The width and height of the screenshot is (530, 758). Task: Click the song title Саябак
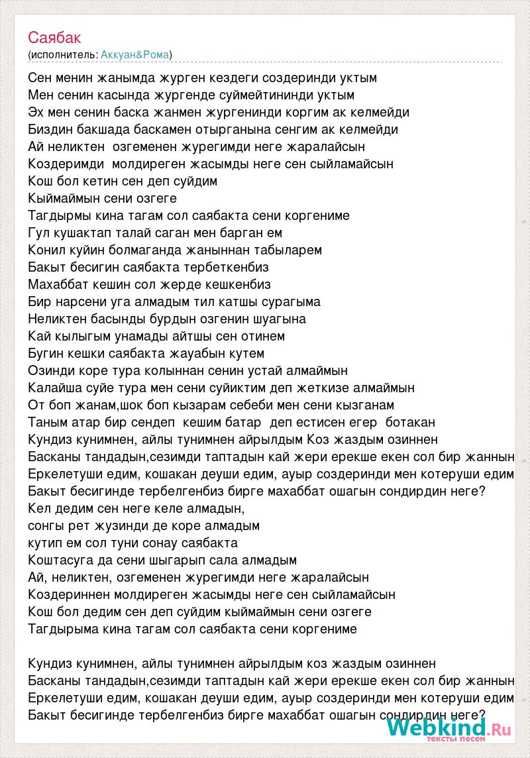[55, 37]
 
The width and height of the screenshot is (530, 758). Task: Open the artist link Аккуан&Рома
[135, 54]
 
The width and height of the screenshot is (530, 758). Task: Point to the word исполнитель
[64, 54]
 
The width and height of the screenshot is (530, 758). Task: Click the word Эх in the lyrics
[36, 112]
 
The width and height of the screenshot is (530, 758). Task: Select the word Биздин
[50, 129]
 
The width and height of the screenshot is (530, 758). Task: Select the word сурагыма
[290, 301]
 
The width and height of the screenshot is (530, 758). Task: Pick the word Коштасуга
[64, 560]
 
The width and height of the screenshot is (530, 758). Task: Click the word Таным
[48, 422]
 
